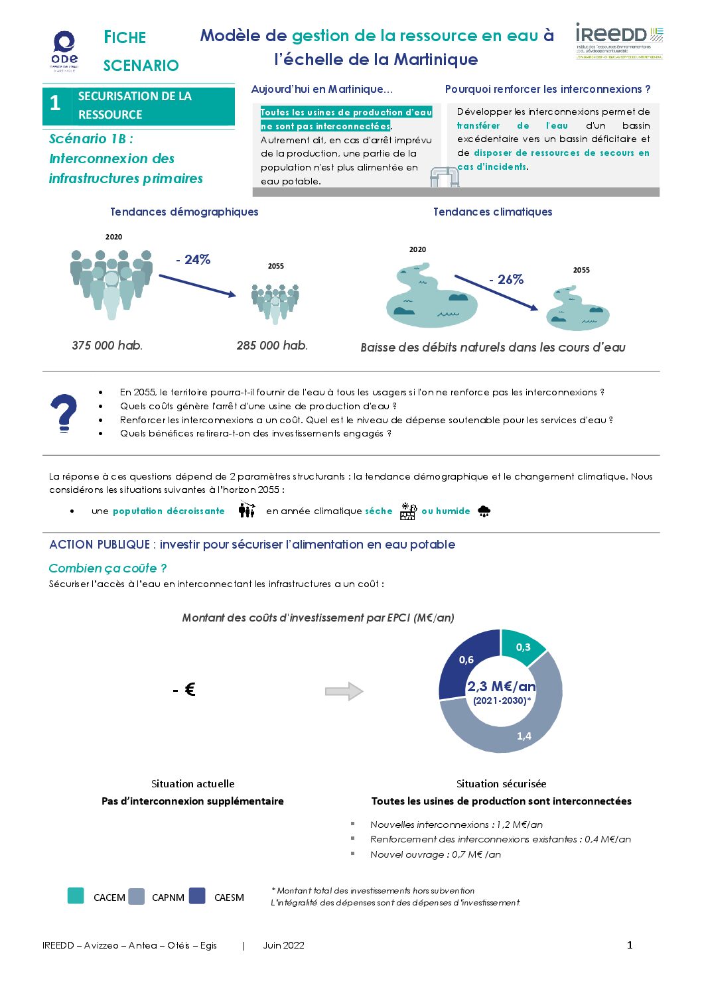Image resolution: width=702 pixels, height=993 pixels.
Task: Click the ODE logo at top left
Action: click(64, 50)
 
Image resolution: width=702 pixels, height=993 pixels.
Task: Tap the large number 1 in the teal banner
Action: click(56, 103)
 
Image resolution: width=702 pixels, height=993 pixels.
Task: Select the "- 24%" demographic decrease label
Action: click(193, 259)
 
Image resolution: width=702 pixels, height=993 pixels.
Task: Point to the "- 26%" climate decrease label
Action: click(506, 279)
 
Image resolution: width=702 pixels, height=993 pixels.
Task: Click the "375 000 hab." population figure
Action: click(107, 345)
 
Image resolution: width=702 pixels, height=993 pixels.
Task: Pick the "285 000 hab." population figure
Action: click(272, 345)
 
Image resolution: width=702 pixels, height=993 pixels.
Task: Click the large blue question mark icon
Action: click(64, 413)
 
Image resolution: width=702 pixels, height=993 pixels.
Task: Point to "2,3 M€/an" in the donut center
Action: click(501, 687)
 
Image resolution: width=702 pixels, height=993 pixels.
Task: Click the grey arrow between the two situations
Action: click(344, 691)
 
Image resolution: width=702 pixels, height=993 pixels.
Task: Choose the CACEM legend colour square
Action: click(76, 896)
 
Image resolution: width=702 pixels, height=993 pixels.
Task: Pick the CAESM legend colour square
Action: click(197, 896)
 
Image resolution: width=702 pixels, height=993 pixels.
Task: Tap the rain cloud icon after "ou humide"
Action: click(484, 511)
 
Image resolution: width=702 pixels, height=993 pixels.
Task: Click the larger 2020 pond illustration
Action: click(431, 297)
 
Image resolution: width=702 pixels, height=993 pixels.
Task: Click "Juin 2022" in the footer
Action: click(283, 945)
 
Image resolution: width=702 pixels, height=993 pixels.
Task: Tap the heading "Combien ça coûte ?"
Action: click(107, 568)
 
